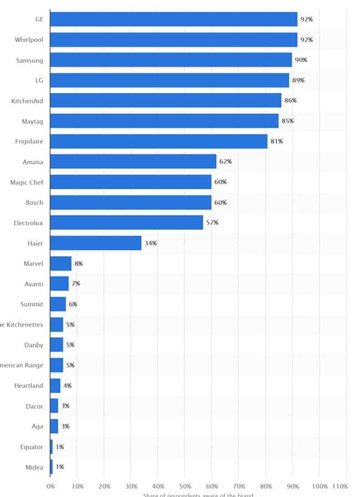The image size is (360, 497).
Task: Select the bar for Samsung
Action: [x=171, y=60]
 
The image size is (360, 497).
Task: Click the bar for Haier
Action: [x=95, y=243]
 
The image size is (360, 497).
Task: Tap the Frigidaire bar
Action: [x=158, y=141]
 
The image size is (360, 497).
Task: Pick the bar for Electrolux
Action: [x=126, y=222]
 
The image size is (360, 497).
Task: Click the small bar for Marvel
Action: [x=60, y=263]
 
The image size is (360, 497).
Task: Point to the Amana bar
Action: [x=133, y=162]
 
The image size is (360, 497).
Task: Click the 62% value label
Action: [x=225, y=162]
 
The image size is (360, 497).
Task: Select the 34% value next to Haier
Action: [x=150, y=243]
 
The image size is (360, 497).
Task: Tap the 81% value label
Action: [x=276, y=141]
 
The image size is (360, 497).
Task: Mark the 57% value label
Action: [x=212, y=222]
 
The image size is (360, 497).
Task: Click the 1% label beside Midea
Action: [x=59, y=467]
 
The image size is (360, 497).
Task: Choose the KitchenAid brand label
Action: [x=27, y=101]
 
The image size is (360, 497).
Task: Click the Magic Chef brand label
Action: [x=27, y=182]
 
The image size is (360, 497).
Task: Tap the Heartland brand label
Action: [x=29, y=385]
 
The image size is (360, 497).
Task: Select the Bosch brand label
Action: [x=34, y=203]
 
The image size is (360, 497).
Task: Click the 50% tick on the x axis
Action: [x=184, y=486]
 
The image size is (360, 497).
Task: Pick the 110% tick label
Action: [x=340, y=486]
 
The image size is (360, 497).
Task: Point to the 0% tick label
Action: [x=50, y=486]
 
